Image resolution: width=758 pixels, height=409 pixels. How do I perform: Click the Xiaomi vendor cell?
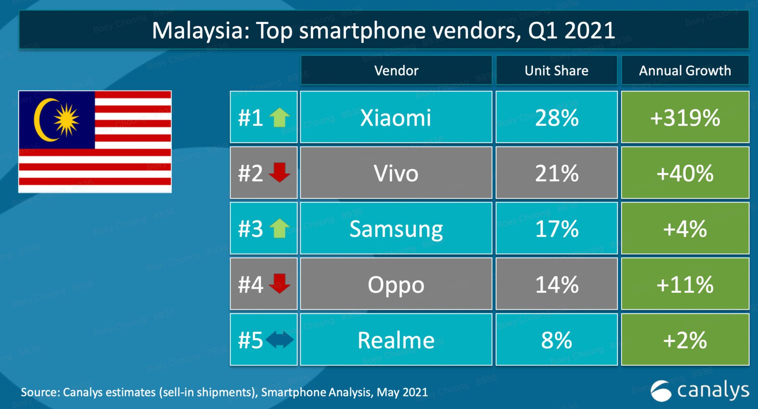396,118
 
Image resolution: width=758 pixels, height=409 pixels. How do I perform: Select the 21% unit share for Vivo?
557,173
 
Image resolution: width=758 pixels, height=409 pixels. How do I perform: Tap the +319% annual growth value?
685,118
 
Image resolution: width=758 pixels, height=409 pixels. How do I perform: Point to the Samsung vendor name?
396,229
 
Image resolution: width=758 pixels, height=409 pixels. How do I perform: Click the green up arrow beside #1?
280,117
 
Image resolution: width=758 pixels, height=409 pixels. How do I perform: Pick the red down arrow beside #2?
280,172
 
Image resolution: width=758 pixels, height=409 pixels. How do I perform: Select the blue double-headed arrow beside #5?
280,340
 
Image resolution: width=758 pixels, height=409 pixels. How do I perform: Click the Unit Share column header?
557,70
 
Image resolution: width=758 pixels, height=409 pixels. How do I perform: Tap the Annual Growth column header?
685,70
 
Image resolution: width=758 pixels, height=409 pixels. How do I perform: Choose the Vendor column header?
396,70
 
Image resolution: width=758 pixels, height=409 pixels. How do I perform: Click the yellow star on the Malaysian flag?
66,119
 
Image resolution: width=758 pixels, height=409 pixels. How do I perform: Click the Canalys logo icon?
661,391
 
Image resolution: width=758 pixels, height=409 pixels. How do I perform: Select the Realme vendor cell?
396,340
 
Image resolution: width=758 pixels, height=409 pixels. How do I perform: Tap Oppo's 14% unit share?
557,284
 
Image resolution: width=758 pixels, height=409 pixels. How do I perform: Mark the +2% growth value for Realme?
685,340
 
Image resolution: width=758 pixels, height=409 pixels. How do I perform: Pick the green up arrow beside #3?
280,228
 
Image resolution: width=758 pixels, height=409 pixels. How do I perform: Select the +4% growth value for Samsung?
685,229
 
